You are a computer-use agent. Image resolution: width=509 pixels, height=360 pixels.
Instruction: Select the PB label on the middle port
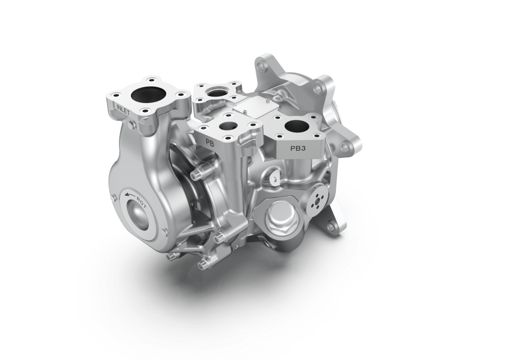coord(210,141)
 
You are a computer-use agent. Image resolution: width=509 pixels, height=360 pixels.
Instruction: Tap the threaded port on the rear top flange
coord(217,92)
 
